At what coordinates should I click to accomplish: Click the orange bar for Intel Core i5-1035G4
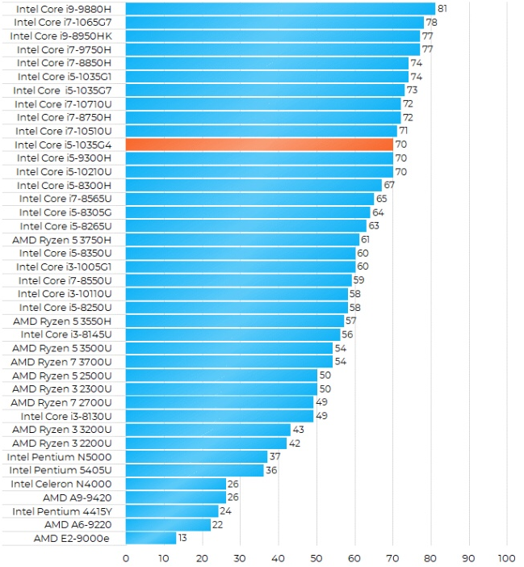[x=259, y=144]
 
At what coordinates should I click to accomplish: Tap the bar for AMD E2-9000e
[x=150, y=538]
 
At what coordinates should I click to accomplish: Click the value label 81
[x=442, y=8]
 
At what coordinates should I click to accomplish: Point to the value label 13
[x=183, y=538]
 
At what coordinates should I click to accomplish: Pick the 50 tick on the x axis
[x=316, y=557]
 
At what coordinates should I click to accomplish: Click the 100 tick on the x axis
[x=506, y=557]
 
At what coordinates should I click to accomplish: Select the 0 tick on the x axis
[x=126, y=557]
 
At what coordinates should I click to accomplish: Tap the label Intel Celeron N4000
[x=61, y=484]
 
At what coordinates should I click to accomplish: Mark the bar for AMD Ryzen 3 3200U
[x=208, y=430]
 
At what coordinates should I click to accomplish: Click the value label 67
[x=388, y=185]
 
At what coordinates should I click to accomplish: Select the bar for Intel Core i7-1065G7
[x=275, y=22]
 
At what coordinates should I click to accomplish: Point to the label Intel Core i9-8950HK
[x=61, y=36]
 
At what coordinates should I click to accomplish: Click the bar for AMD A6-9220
[x=168, y=524]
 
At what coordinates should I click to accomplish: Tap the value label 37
[x=275, y=456]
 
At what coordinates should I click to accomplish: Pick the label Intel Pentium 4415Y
[x=62, y=511]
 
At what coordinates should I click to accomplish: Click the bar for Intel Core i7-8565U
[x=249, y=198]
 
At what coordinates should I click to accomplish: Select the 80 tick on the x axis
[x=430, y=557]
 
